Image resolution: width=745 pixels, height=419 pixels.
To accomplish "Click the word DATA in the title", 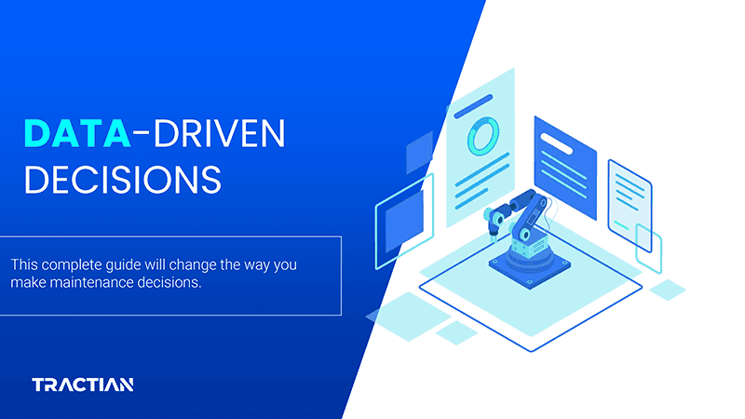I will click(x=76, y=135).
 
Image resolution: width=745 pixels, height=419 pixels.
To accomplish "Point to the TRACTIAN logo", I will click(x=83, y=384).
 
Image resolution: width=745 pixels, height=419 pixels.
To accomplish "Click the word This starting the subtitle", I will click(x=26, y=265).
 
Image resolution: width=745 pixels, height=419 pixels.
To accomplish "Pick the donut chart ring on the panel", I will click(x=482, y=136).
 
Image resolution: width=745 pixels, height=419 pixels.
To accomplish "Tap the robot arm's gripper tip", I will click(x=487, y=230).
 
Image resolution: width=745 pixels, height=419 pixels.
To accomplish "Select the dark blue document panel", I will click(x=564, y=168).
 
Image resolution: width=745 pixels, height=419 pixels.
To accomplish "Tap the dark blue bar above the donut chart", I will click(x=473, y=103).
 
